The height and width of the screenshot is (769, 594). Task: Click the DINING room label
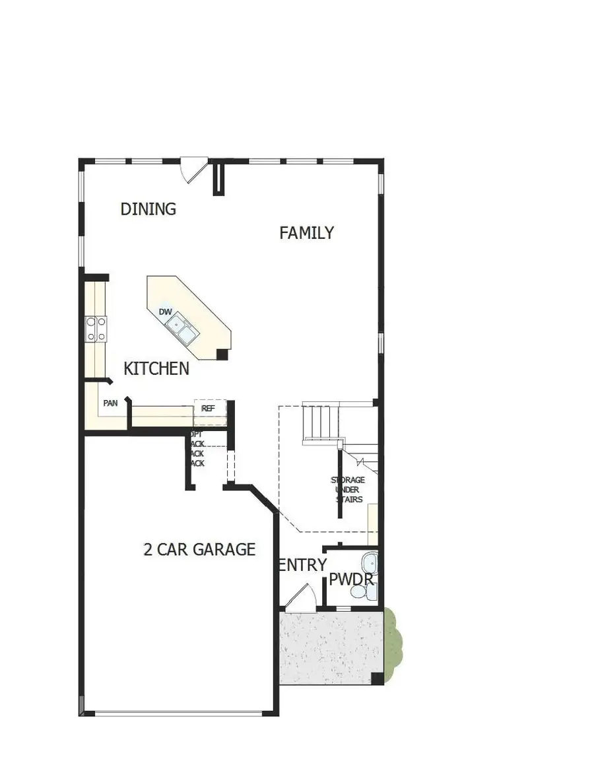pyautogui.click(x=148, y=209)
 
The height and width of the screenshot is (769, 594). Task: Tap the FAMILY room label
pyautogui.click(x=306, y=233)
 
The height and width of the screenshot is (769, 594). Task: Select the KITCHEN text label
pyautogui.click(x=156, y=368)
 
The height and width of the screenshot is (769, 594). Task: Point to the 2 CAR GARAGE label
pyautogui.click(x=199, y=549)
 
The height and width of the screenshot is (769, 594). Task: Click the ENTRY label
pyautogui.click(x=302, y=565)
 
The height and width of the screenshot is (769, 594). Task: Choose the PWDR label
pyautogui.click(x=351, y=581)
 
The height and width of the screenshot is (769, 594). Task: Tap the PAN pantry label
pyautogui.click(x=110, y=403)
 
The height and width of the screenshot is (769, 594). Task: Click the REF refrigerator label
pyautogui.click(x=208, y=409)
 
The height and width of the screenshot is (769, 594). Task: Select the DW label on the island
pyautogui.click(x=165, y=312)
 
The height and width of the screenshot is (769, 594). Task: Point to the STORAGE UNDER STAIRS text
pyautogui.click(x=348, y=490)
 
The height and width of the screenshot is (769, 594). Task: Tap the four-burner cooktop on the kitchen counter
pyautogui.click(x=96, y=329)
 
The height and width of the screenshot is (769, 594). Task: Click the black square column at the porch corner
pyautogui.click(x=376, y=678)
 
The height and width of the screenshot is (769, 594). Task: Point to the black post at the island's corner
pyautogui.click(x=222, y=354)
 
